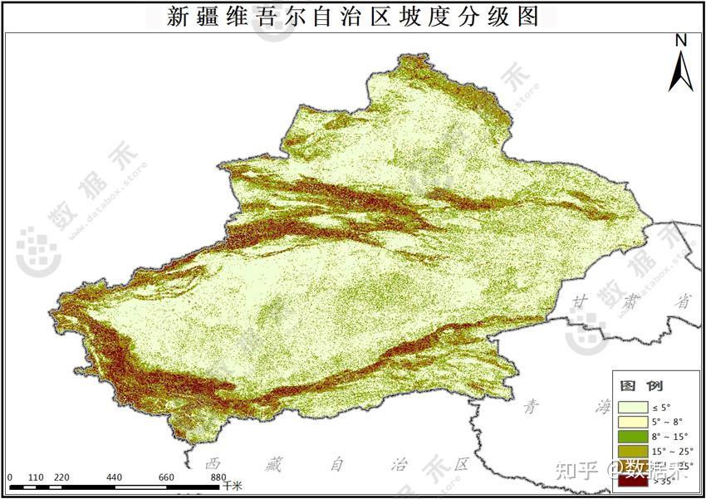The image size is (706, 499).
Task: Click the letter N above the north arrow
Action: (681, 40)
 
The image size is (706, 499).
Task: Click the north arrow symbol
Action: (681, 70)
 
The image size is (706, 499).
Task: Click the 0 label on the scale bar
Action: (10, 477)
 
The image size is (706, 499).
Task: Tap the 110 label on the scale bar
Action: (35, 477)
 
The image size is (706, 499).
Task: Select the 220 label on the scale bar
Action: (61, 477)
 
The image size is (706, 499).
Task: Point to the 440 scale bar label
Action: (114, 477)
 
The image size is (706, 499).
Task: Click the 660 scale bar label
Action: (166, 477)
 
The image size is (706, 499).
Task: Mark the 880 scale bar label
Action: (218, 477)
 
